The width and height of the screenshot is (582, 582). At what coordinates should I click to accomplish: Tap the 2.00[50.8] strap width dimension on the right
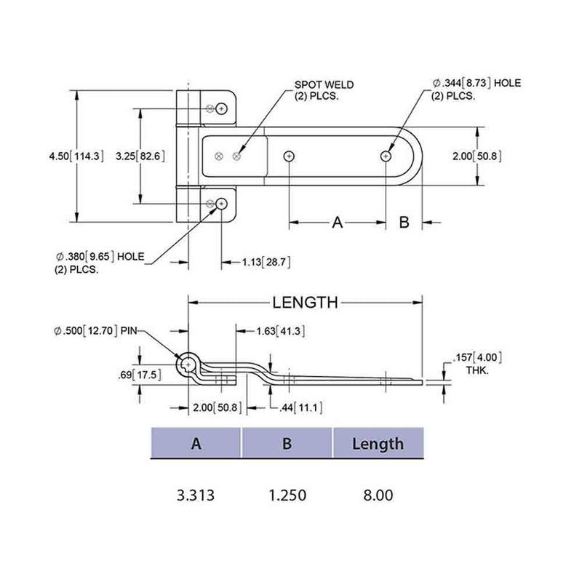pyautogui.click(x=476, y=156)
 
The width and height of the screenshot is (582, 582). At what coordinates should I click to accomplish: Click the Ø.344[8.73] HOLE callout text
pyautogui.click(x=477, y=89)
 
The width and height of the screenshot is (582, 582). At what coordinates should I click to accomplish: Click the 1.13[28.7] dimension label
pyautogui.click(x=266, y=261)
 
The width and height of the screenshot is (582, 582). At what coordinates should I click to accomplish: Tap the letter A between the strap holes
pyautogui.click(x=337, y=223)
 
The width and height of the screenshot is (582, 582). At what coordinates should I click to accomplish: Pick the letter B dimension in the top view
pyautogui.click(x=404, y=223)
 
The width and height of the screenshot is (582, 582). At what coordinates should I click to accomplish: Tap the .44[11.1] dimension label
pyautogui.click(x=300, y=407)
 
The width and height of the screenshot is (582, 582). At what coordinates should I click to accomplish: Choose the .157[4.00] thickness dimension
pyautogui.click(x=477, y=363)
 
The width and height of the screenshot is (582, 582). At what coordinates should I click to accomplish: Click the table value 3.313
pyautogui.click(x=196, y=495)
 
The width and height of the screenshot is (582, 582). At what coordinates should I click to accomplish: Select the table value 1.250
pyautogui.click(x=287, y=495)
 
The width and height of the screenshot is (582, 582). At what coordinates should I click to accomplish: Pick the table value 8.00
pyautogui.click(x=378, y=495)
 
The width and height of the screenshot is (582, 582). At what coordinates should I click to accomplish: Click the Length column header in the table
pyautogui.click(x=378, y=444)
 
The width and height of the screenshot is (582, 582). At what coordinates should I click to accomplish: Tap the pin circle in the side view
pyautogui.click(x=188, y=364)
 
